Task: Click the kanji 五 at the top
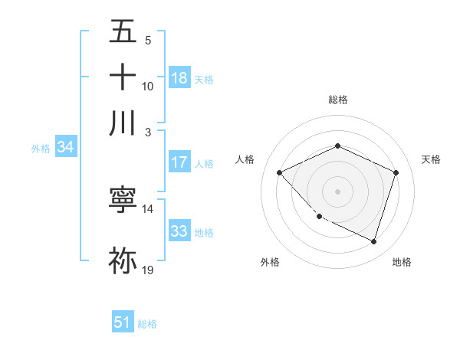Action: click(123, 33)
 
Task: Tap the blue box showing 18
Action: click(179, 77)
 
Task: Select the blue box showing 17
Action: click(179, 162)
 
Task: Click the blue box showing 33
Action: click(179, 231)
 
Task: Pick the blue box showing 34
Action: click(65, 147)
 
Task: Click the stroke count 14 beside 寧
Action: click(148, 208)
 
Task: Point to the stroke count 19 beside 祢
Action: click(148, 270)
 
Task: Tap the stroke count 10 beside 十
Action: click(148, 86)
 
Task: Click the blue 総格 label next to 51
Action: click(147, 324)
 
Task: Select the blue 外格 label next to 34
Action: click(41, 149)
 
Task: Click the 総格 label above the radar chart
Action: click(337, 100)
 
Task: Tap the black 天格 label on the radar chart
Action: click(431, 159)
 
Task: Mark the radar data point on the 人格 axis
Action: click(280, 172)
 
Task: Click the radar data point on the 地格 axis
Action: click(373, 241)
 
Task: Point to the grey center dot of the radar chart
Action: click(337, 191)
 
